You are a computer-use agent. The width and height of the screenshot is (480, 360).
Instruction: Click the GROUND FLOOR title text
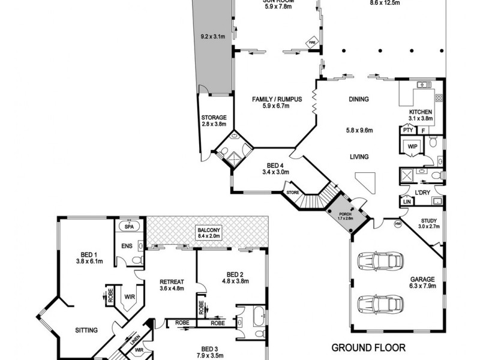(368, 347)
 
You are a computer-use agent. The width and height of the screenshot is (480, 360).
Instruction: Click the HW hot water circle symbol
(397, 224)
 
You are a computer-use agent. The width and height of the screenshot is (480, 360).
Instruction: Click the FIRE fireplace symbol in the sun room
(311, 43)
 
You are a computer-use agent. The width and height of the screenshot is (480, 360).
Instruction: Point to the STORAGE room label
(214, 118)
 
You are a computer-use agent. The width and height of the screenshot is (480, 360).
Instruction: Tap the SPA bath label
(127, 226)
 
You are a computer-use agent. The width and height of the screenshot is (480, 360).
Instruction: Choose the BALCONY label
(209, 230)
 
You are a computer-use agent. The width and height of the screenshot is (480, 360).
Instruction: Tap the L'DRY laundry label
(424, 192)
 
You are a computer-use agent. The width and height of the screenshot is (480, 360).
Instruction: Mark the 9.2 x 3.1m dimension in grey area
(212, 37)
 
